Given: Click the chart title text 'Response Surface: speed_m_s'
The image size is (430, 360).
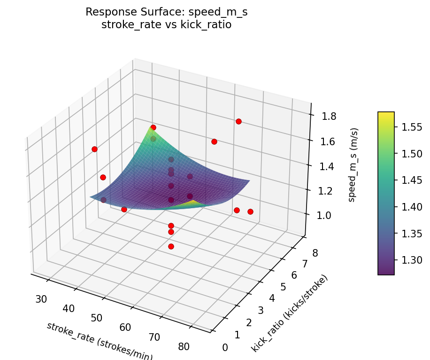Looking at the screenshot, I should tap(166, 12).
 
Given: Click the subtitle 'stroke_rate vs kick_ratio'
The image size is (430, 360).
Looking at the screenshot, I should tap(166, 24).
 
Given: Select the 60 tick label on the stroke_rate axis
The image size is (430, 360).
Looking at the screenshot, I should tap(125, 327).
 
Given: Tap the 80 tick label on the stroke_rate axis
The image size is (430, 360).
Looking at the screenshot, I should tap(184, 346).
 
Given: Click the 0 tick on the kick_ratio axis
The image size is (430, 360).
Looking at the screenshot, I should tap(225, 347).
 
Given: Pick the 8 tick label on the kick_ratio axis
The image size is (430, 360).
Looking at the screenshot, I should tap(315, 253).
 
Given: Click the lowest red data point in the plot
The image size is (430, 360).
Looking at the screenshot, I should tap(171, 246).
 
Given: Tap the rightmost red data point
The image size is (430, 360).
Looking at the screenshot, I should tap(250, 211).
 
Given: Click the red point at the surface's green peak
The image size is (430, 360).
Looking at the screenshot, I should tap(153, 127).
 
